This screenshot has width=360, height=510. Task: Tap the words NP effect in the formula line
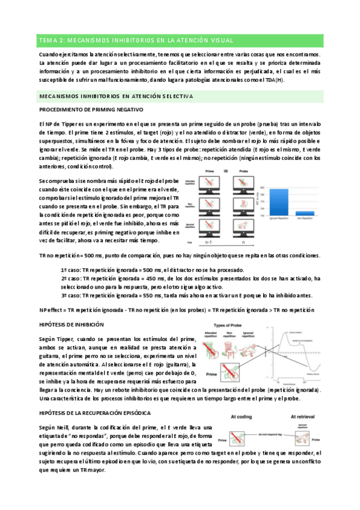pyautogui.click(x=50, y=310)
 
